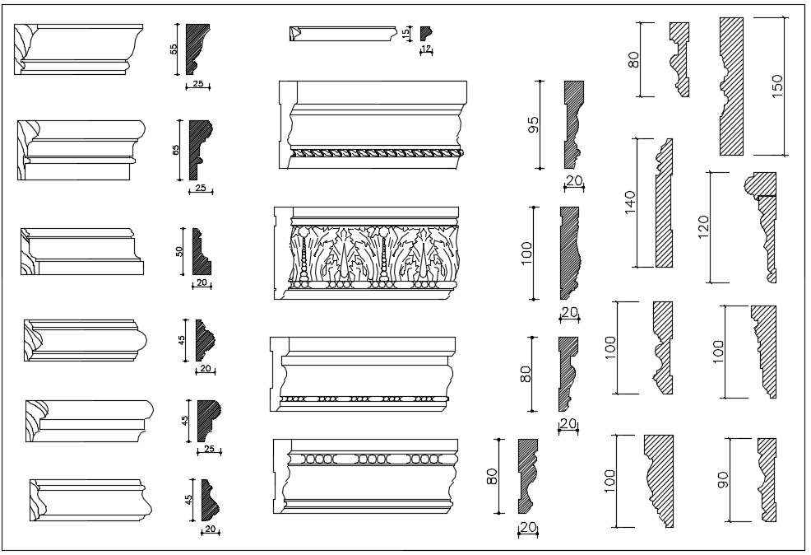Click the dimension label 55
(x=174, y=49)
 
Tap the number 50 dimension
(x=179, y=251)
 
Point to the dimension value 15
(x=405, y=32)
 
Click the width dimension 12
(x=426, y=49)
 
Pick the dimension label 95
(x=533, y=125)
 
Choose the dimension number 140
(x=630, y=203)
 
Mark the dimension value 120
(x=702, y=226)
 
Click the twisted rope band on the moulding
(x=377, y=152)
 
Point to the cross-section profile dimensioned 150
(x=731, y=86)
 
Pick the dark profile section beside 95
(x=572, y=124)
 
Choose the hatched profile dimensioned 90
(x=767, y=480)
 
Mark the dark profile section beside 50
(x=200, y=254)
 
